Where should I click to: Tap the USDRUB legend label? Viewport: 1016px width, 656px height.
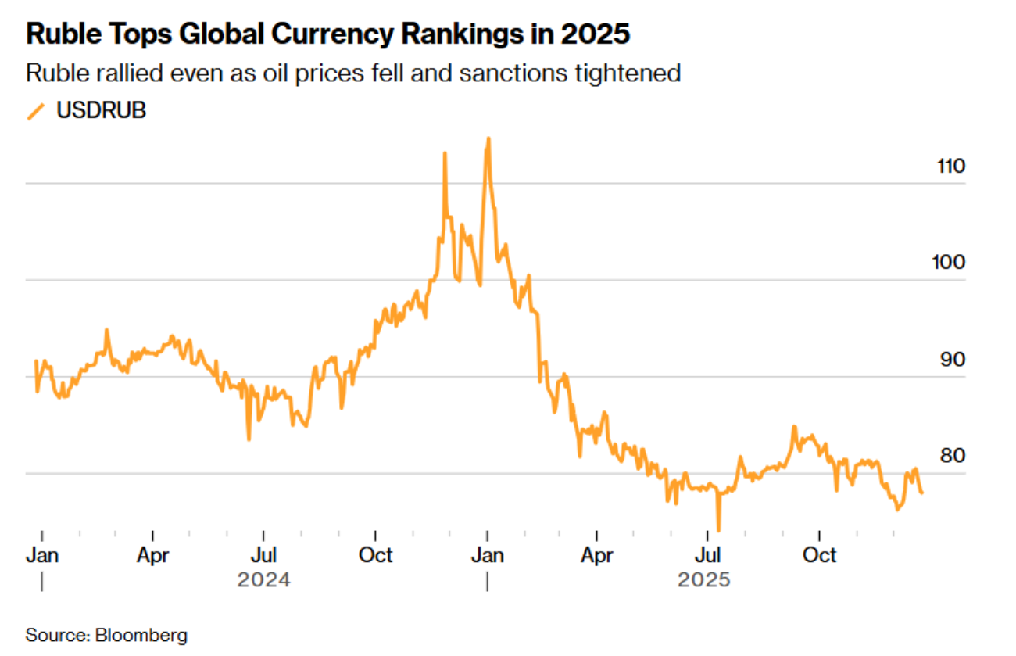coord(101,111)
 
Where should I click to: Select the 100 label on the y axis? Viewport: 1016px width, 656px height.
coord(949,263)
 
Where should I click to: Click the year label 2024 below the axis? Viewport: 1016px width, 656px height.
coord(264,580)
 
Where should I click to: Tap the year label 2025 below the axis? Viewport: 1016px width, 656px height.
coord(703,580)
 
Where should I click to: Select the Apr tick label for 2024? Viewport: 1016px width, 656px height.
coord(152,555)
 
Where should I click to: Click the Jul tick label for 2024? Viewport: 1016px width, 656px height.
coord(264,555)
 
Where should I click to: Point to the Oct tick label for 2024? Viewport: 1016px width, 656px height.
coord(375,555)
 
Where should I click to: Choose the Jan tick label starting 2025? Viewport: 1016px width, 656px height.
coord(487,555)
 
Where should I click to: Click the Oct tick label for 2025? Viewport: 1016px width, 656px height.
coord(820,555)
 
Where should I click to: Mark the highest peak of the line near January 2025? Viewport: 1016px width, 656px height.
coord(488,138)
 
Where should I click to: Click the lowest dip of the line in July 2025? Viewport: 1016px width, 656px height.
coord(717,529)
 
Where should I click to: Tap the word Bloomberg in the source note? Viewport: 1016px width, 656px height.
coord(141,635)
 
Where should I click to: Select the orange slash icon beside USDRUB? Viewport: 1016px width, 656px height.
coord(35,112)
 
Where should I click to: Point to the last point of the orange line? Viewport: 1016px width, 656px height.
coord(921,493)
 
